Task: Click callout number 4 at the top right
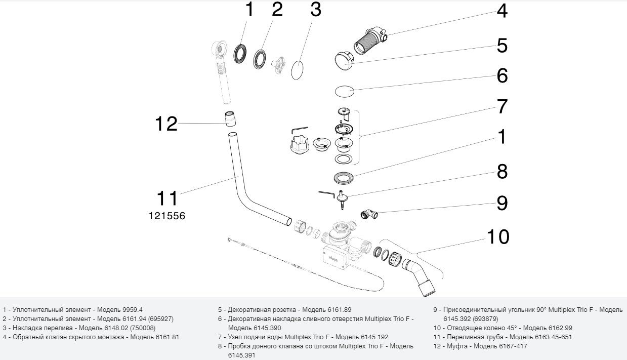[501, 11]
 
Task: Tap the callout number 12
[166, 124]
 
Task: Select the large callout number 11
[167, 198]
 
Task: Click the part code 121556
[167, 216]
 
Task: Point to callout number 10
[498, 236]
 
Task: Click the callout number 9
[501, 203]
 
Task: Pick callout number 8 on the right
[501, 172]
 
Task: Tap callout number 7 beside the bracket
[501, 106]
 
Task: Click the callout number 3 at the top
[315, 10]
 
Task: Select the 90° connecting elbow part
[369, 215]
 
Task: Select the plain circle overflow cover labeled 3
[299, 70]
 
